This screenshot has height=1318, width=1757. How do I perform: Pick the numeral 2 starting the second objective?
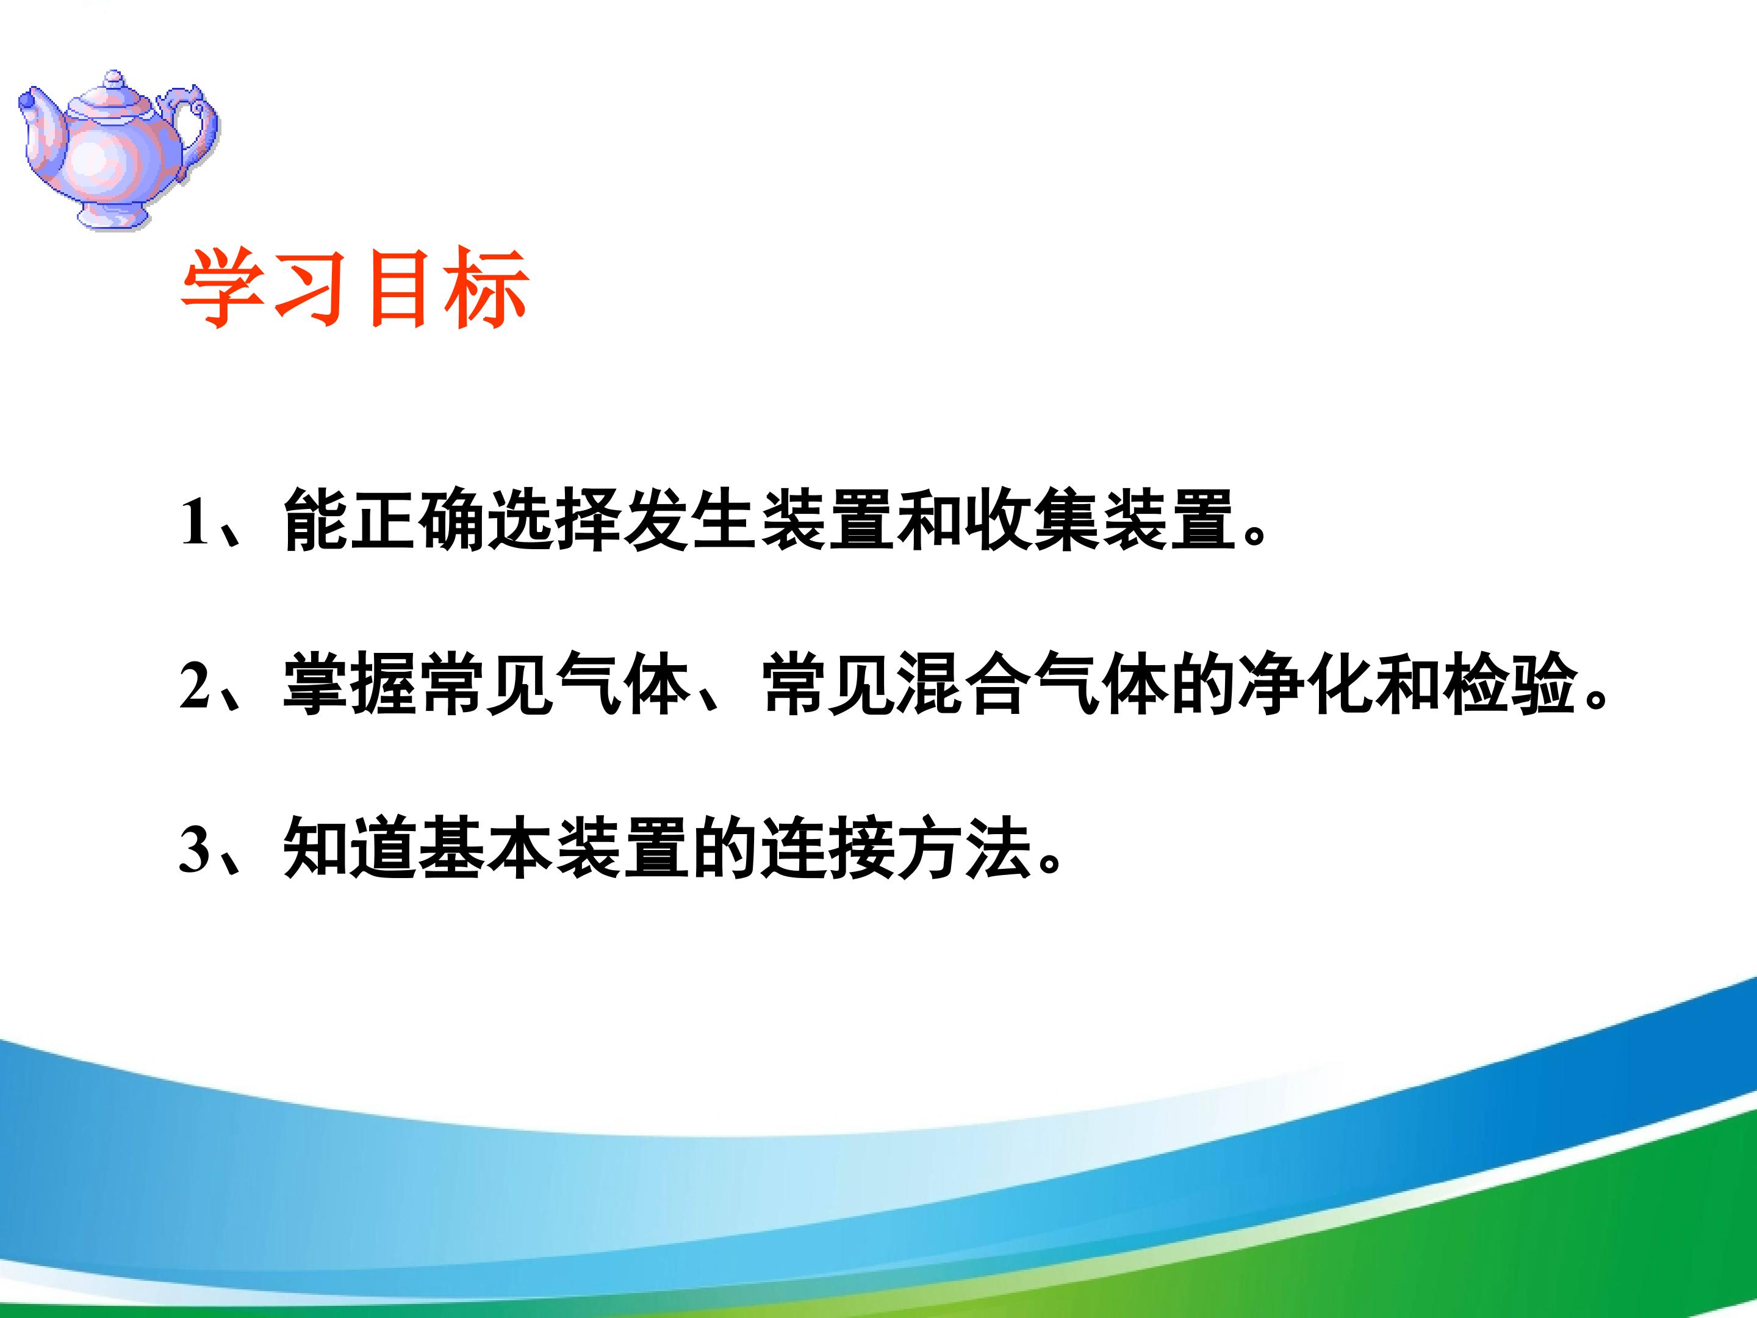[195, 685]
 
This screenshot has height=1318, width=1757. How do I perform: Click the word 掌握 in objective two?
[350, 683]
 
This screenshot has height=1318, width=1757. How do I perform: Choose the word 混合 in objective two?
[966, 683]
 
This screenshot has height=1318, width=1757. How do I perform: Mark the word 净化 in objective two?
[1307, 683]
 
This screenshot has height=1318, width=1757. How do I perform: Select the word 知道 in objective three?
[350, 847]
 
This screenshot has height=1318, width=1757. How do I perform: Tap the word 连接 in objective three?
[828, 847]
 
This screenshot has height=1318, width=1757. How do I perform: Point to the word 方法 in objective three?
[965, 847]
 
